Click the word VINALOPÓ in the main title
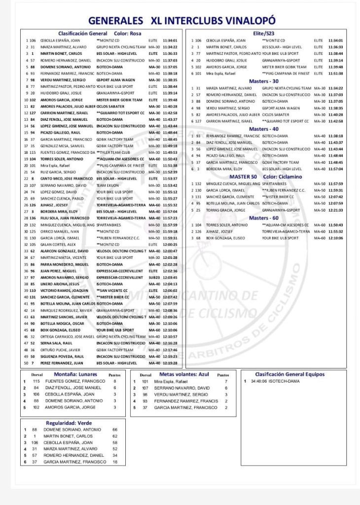coord(247,20)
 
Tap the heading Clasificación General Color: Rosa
coord(100,33)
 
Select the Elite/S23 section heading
coord(264,33)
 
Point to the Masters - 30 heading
coord(264,81)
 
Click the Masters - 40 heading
coord(264,129)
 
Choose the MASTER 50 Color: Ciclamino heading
coord(264,176)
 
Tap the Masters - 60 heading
coord(264,217)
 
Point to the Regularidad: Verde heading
coord(69,423)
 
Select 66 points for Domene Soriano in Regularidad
coord(115,430)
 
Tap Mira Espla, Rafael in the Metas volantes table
coord(172,381)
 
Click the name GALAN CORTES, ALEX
coord(58,244)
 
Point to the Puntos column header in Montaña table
coord(114,375)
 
